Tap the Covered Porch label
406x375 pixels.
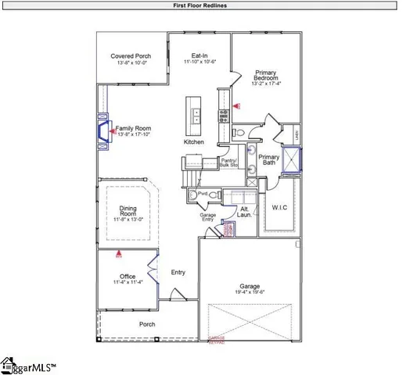click(x=131, y=56)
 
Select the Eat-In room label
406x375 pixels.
click(x=200, y=56)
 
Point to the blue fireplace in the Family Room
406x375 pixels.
click(x=102, y=131)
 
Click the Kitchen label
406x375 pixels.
click(x=194, y=142)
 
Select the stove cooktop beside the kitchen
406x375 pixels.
click(x=223, y=117)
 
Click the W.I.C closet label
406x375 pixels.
click(x=281, y=208)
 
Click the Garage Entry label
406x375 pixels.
click(x=207, y=216)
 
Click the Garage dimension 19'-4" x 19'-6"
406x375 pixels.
click(x=250, y=292)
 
